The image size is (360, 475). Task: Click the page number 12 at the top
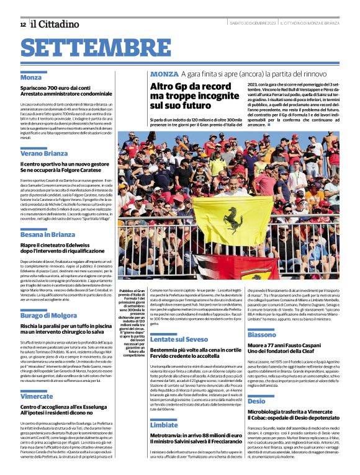[22, 24]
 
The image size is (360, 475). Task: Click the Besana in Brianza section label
[48, 234]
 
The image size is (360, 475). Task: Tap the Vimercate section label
[37, 396]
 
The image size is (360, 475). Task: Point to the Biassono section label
[262, 335]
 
